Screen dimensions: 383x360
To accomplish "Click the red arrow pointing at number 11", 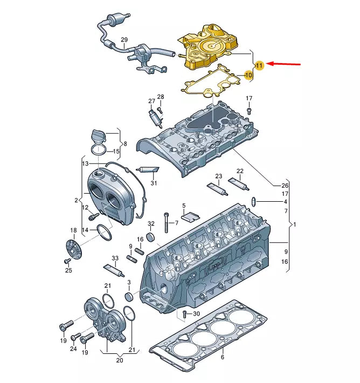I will point(285,64).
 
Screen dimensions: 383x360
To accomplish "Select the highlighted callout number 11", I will point(259,65).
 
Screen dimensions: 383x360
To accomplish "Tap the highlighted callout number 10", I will point(248,76).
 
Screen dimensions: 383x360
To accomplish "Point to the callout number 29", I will point(124,40).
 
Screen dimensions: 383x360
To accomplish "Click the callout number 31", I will point(154,183).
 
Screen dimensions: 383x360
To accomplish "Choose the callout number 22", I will point(240,171).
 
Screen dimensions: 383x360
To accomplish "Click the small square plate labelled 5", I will point(189,216).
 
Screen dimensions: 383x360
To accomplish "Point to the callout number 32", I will point(151,223).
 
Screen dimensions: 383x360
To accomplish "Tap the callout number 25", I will point(68,270).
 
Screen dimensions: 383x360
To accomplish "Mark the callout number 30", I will point(196,314).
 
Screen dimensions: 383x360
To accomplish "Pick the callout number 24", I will point(73,349).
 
